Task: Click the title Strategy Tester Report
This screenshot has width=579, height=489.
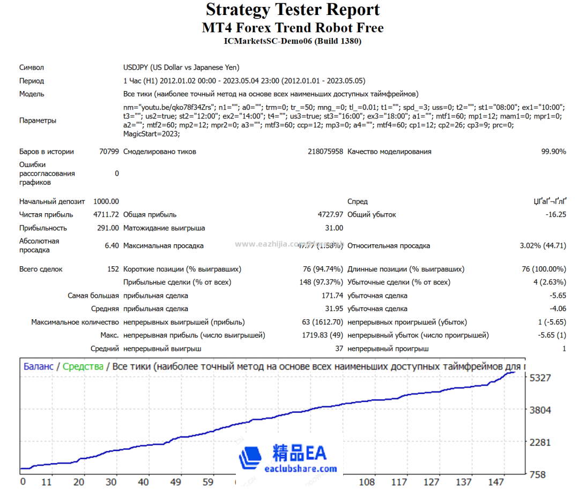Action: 293,10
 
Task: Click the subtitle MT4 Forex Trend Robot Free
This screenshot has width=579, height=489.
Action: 293,28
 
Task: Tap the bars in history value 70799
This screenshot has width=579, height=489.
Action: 109,152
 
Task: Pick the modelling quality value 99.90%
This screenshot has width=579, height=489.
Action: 553,152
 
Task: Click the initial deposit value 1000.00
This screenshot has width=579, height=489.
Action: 106,201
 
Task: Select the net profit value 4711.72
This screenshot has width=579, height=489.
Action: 106,215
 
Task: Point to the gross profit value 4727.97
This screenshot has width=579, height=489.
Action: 330,215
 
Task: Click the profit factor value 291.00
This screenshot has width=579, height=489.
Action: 108,228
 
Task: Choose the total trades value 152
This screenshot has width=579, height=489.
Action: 113,269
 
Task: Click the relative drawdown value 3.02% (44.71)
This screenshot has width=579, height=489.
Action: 543,246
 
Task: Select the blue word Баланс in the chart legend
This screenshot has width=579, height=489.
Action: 38,367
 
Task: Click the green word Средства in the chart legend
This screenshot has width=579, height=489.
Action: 83,367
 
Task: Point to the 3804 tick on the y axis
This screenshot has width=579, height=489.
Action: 540,410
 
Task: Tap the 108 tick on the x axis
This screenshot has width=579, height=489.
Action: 367,482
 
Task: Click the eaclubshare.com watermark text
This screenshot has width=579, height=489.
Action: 301,469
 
